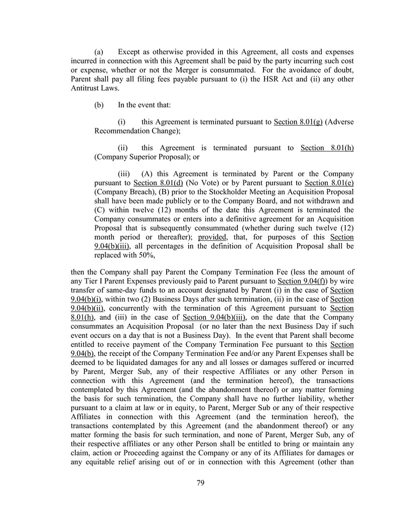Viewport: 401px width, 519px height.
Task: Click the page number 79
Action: tap(200, 483)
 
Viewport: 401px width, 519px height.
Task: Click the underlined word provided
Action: tap(212, 237)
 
